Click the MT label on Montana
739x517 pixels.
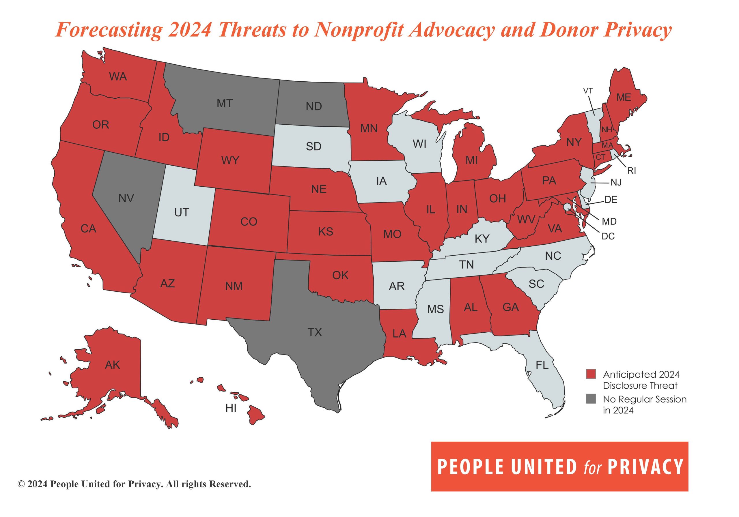click(225, 103)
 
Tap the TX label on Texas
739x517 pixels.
click(314, 332)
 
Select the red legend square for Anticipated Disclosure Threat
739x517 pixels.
click(591, 374)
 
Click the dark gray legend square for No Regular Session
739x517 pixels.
click(591, 399)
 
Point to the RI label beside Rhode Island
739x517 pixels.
click(632, 171)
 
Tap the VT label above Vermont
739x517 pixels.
click(588, 91)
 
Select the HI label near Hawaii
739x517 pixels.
click(231, 408)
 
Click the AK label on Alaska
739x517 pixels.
click(112, 365)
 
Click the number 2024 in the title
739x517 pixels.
click(190, 30)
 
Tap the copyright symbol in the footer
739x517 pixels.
click(21, 484)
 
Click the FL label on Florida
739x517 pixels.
click(542, 365)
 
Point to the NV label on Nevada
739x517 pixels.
click(126, 198)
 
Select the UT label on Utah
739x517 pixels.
click(182, 212)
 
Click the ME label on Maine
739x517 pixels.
click(624, 98)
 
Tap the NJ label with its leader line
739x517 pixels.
click(616, 183)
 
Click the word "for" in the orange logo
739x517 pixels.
click(592, 468)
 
